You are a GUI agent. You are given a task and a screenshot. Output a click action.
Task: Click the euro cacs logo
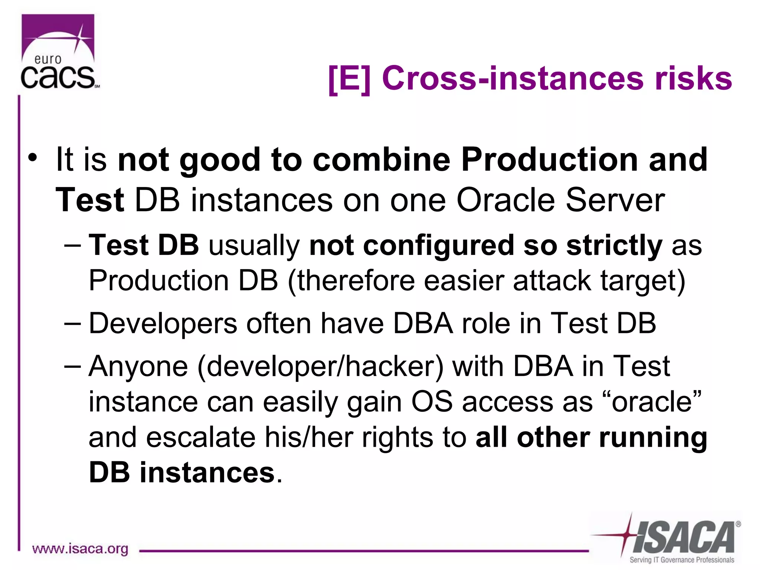(58, 52)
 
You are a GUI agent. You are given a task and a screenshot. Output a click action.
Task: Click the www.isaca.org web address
(80, 548)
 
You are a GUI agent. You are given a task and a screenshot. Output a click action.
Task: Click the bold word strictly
(614, 246)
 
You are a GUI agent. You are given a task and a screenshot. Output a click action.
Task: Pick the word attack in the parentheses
(553, 281)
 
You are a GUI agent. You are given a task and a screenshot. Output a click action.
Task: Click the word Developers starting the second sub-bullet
(163, 323)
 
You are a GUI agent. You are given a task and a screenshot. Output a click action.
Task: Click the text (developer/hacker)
(321, 367)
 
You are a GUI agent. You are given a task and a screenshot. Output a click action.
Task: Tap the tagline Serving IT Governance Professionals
(682, 560)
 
